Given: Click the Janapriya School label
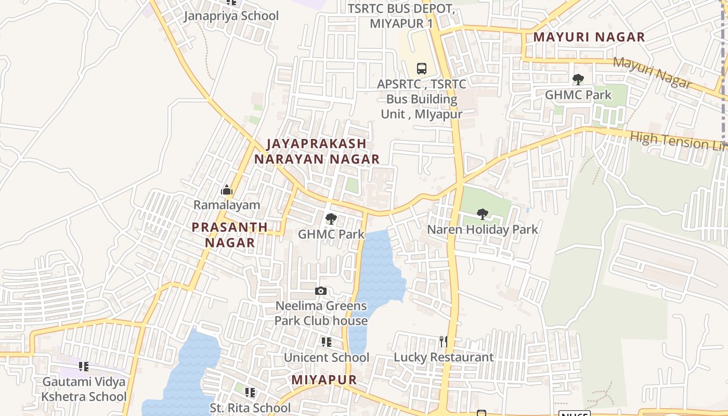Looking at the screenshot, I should (x=231, y=16).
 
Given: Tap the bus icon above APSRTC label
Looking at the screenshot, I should (x=421, y=68).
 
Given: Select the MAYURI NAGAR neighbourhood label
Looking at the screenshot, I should (x=589, y=37).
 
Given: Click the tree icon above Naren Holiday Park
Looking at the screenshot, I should (x=483, y=214).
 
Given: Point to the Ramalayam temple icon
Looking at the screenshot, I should (x=227, y=190).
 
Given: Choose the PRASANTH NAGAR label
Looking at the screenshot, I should (x=229, y=235).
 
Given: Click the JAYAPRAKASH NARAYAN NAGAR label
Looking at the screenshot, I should (x=317, y=151).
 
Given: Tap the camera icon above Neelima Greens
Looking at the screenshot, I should (x=321, y=291).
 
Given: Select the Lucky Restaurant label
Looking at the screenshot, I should (x=443, y=357).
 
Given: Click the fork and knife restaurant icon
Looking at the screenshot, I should (x=443, y=342).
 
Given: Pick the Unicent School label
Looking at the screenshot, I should (x=326, y=357).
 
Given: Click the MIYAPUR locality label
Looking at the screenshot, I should (x=324, y=380).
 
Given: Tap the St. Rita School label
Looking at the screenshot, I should (x=250, y=408).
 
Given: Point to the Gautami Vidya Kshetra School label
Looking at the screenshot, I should (x=84, y=389).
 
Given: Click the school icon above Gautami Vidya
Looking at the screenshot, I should (x=84, y=367).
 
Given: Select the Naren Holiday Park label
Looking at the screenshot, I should (x=482, y=229).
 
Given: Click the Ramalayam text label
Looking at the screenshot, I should (x=227, y=205).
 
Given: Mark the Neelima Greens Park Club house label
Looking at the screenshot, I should (x=321, y=313).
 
